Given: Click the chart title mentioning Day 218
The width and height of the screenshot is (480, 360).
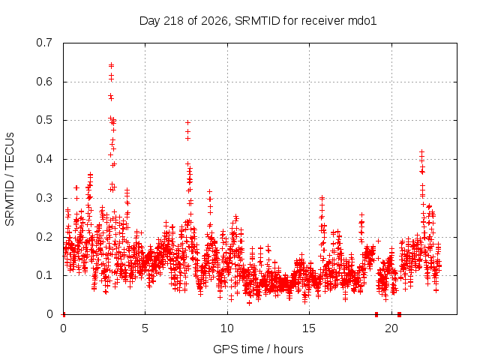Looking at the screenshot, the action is [258, 21].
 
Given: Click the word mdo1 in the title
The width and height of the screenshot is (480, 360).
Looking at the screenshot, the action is [362, 21].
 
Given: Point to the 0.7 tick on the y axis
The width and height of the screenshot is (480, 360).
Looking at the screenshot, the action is [44, 43].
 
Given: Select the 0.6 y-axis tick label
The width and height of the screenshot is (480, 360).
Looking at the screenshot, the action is [44, 82].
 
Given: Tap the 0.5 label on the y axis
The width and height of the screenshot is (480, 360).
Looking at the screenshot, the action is [44, 120].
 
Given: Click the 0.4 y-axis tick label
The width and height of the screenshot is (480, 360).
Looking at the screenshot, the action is [44, 159].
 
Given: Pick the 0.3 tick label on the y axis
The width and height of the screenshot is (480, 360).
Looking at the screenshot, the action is [44, 198].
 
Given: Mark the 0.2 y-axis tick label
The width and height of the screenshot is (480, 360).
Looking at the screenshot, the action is [44, 237].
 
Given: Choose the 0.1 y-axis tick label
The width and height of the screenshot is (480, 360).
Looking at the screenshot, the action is [44, 275].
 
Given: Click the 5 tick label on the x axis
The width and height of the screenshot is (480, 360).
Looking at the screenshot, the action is [145, 328].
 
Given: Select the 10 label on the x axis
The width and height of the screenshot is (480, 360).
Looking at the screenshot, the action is [227, 328].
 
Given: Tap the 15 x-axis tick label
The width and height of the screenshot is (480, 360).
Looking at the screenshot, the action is [309, 328].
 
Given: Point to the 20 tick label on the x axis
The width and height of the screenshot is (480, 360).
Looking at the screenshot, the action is [391, 328].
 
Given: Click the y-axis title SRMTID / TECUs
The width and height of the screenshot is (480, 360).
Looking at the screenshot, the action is [10, 179].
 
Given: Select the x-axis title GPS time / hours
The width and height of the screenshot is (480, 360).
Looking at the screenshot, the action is [258, 349].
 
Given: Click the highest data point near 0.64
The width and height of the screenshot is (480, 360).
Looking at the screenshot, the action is [112, 65].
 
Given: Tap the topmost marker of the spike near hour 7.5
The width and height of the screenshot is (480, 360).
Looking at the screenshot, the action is [188, 123].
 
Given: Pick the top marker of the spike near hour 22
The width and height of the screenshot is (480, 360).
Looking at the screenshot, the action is [421, 151].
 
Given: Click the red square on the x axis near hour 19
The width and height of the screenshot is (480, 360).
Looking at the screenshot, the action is [376, 314].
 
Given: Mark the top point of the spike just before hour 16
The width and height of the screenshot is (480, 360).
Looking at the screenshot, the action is [322, 198].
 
